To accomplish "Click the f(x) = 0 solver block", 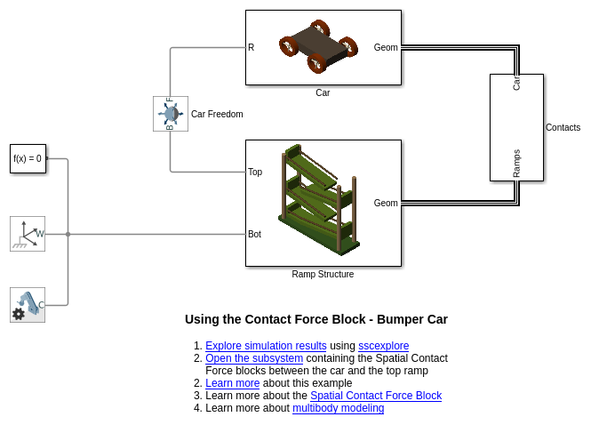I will (x=28, y=158).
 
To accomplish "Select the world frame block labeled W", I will (x=28, y=234).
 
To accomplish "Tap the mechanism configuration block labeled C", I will (x=28, y=305).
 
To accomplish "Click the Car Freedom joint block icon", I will (x=170, y=114).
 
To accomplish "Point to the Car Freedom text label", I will (x=217, y=115).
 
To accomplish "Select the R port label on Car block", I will (x=252, y=48).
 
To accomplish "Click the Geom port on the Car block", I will (x=386, y=48).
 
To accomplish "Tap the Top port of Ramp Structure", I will (x=255, y=172).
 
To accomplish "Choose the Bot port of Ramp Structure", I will (x=255, y=235).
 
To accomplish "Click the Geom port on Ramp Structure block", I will (x=386, y=204).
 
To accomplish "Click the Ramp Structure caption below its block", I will (x=323, y=275).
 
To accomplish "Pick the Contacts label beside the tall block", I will (x=563, y=128).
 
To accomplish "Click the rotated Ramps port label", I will (x=516, y=163).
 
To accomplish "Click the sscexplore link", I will (x=383, y=346).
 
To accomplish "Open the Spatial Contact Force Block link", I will (x=376, y=396).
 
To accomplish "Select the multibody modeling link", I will (x=338, y=408).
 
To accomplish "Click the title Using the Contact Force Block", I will (x=315, y=319).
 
